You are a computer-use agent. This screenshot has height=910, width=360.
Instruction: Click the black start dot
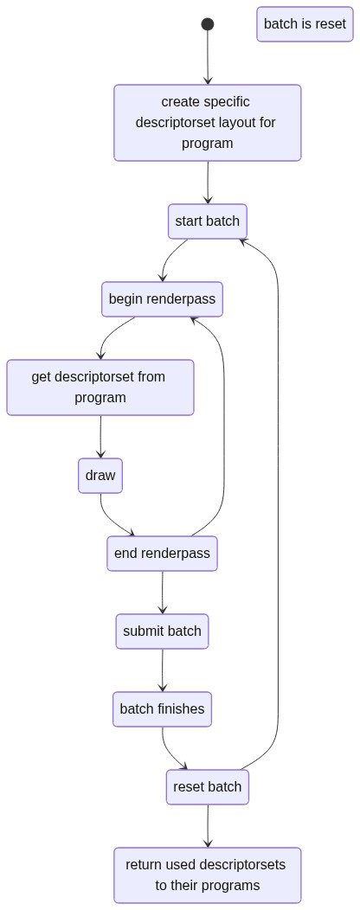point(208,24)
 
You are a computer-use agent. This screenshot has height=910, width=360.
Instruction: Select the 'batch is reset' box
point(305,24)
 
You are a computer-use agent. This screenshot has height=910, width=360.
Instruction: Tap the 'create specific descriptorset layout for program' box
point(208,123)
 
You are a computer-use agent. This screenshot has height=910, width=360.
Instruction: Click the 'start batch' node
point(208,221)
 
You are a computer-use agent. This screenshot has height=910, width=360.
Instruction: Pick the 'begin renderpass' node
point(162,299)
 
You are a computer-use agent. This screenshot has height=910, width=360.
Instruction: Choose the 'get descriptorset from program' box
point(100,388)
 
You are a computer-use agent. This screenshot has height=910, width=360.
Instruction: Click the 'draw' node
point(100,475)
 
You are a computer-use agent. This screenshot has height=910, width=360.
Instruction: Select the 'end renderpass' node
point(162,553)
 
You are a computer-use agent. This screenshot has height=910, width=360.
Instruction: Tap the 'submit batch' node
point(162,631)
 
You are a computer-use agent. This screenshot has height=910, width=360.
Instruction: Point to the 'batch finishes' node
point(162,708)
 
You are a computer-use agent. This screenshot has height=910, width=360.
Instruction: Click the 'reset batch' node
point(208,787)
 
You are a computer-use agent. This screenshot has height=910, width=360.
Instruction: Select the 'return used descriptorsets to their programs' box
point(208,875)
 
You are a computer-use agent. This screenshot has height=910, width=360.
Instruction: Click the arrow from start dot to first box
point(208,57)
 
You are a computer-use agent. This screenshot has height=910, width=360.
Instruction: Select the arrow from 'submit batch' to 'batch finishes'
point(162,670)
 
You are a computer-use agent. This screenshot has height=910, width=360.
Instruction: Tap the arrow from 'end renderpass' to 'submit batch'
point(162,592)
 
